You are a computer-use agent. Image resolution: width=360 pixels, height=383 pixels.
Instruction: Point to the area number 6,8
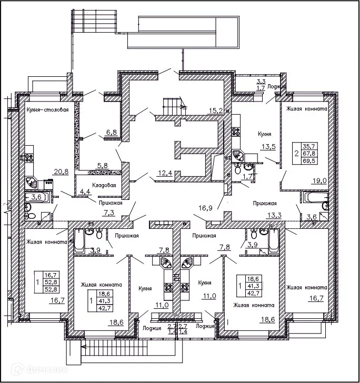[111, 133]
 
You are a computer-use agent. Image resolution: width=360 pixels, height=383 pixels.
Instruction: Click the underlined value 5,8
[102, 165]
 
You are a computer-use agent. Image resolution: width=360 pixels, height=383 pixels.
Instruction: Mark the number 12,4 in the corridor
[165, 173]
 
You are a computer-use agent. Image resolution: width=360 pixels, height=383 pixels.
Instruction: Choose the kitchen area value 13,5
[269, 147]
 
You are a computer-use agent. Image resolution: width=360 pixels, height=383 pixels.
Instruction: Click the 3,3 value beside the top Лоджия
[261, 81]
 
